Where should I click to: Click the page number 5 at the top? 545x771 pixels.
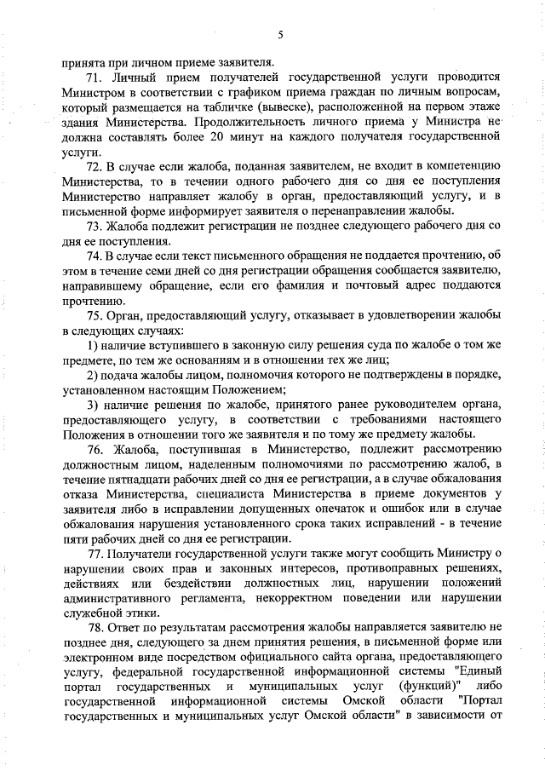point(278,34)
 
